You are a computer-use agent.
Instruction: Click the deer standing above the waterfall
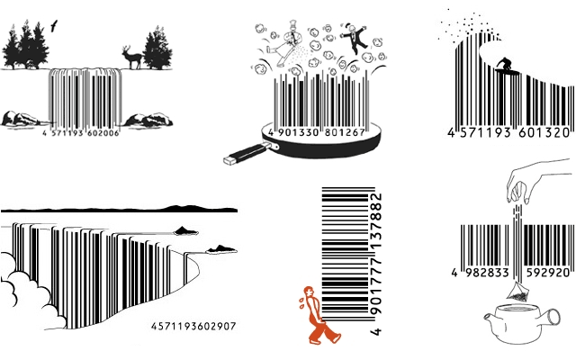click(131, 57)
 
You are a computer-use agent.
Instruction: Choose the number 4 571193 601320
click(508, 132)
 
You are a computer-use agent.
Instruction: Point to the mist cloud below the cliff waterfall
click(22, 288)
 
